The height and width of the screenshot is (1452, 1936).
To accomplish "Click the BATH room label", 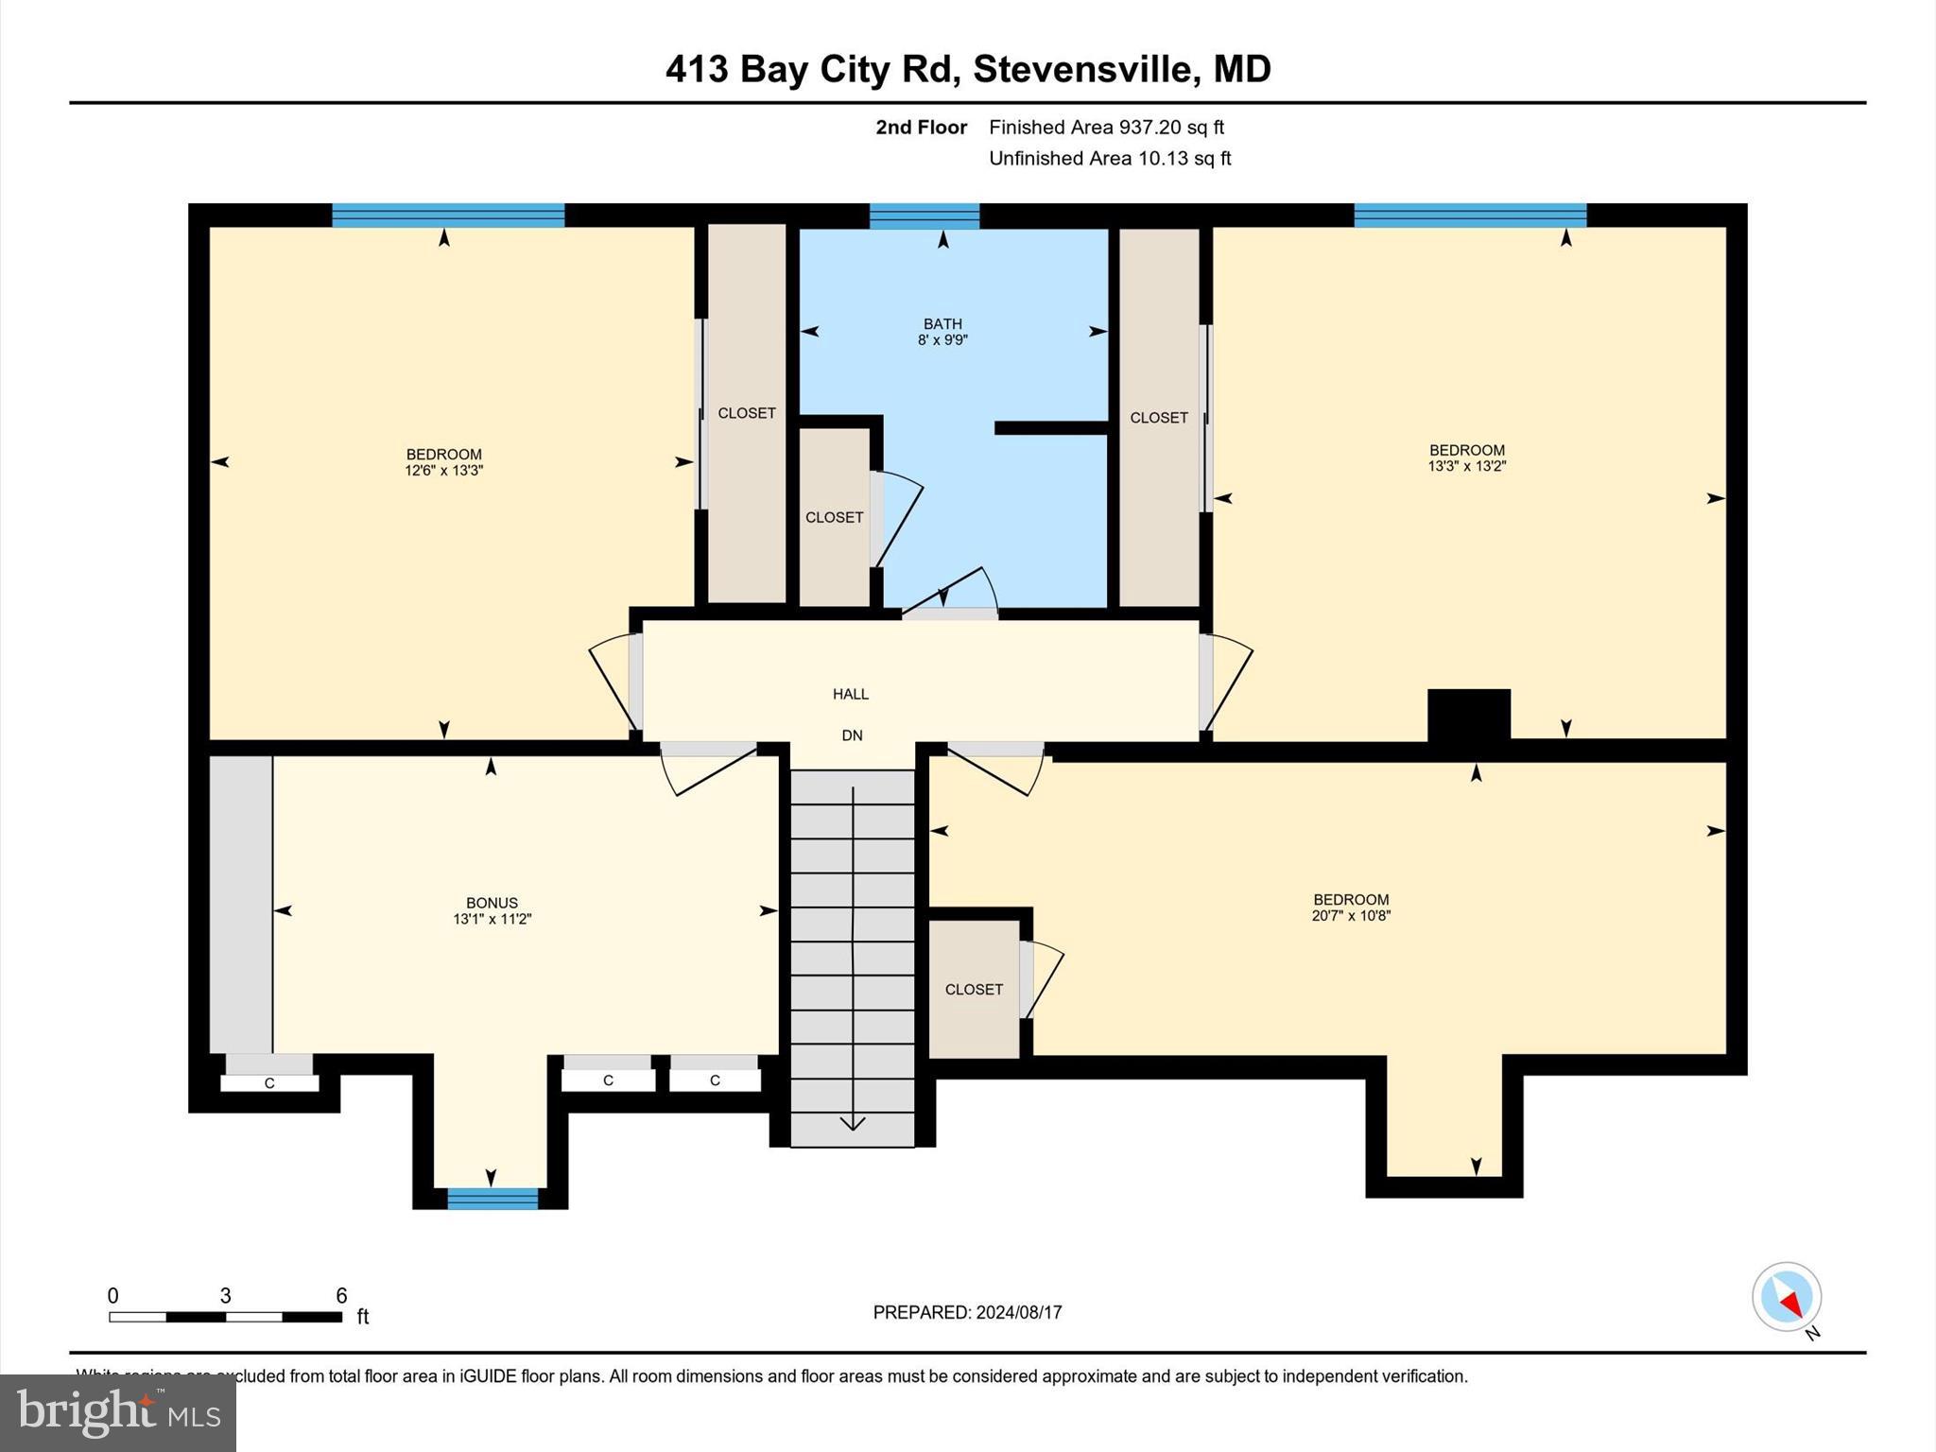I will [942, 324].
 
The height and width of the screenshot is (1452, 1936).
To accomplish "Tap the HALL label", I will [850, 694].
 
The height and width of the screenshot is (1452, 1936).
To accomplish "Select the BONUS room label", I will [492, 903].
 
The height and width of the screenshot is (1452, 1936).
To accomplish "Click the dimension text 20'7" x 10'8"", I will [1351, 915].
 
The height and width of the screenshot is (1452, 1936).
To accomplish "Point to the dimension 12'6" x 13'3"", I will [443, 470].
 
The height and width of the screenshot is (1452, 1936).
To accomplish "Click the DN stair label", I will [852, 735].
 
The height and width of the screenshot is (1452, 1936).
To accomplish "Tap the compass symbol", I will [1786, 1297].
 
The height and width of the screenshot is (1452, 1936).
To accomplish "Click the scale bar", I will [225, 1317].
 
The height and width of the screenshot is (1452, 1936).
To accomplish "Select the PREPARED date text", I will [967, 1312].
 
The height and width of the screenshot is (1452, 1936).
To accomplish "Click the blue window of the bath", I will [925, 216].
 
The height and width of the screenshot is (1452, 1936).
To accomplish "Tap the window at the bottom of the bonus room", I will [492, 1199].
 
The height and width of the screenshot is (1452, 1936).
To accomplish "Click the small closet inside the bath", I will [834, 517].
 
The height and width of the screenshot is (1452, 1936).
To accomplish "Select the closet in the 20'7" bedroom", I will [974, 989].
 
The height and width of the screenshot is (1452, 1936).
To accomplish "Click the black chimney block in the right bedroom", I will [1468, 715].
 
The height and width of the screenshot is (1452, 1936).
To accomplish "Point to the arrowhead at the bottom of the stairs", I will [853, 1123].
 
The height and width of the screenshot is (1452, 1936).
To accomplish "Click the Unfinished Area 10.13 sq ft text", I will [1110, 158].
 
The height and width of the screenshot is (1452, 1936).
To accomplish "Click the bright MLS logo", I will [117, 1412].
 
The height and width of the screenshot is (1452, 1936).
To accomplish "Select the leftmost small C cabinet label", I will [269, 1083].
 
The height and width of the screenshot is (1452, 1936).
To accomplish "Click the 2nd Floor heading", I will [921, 127].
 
